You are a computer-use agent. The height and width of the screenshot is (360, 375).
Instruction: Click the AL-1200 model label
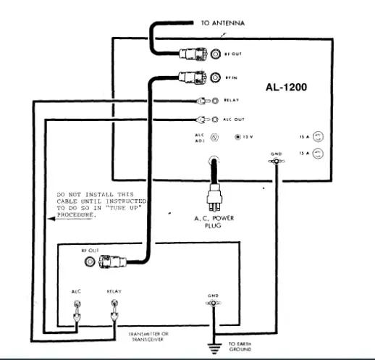(x=287, y=88)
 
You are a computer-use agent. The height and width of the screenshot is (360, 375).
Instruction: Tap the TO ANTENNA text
(x=222, y=24)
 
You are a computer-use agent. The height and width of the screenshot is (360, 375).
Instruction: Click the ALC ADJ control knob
(x=214, y=136)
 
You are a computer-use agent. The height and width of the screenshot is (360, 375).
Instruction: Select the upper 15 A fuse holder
(x=316, y=136)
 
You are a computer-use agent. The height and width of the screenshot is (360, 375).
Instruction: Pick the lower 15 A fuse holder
(x=316, y=154)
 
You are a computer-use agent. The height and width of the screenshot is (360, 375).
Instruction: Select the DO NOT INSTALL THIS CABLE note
(x=101, y=206)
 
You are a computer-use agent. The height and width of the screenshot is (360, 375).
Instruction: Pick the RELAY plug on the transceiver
(x=114, y=314)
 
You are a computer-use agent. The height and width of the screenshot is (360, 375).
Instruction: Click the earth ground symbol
(x=213, y=348)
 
